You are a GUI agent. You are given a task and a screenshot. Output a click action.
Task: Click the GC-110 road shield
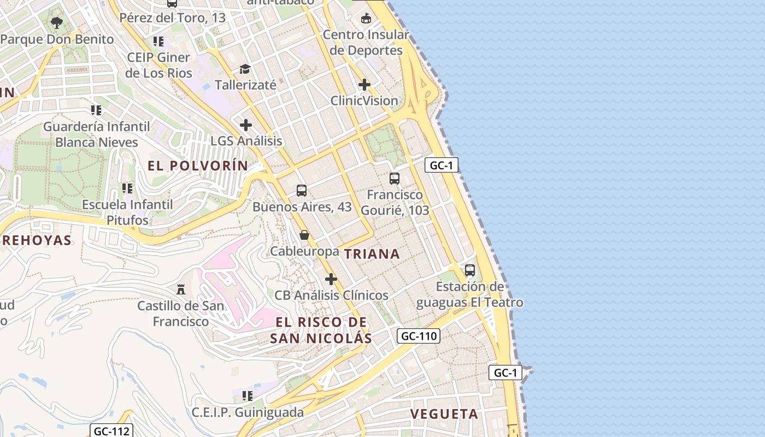coord(419,336)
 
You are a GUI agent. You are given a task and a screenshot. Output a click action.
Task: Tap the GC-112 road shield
coord(111,431)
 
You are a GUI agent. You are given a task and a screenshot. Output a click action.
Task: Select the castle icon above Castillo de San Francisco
coord(181,288)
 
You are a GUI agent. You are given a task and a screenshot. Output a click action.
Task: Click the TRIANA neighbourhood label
coord(372,253)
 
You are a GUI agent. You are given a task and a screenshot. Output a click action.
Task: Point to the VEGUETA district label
coord(444,414)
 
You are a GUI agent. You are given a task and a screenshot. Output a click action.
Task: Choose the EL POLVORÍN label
coord(198,166)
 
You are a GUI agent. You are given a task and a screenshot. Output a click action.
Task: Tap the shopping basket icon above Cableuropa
coord(304,235)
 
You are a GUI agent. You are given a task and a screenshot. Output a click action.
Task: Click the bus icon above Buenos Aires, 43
coord(302,191)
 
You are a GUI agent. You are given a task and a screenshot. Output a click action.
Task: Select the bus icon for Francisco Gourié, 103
coord(395,178)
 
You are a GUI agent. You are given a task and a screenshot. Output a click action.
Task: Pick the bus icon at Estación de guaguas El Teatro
coord(470,270)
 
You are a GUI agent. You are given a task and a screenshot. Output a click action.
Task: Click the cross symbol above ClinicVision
coord(364,85)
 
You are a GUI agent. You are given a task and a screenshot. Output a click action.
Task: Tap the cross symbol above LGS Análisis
coord(246,125)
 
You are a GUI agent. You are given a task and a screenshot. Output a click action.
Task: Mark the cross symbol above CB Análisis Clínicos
coord(331,279)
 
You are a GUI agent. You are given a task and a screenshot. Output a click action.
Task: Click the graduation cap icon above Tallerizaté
coord(245,69)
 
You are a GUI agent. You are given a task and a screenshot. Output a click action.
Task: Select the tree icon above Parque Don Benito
coord(56,23)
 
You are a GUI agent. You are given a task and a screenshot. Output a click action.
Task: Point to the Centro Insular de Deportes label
coord(366,43)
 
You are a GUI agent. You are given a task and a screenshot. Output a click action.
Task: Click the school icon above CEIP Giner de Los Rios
coord(158,42)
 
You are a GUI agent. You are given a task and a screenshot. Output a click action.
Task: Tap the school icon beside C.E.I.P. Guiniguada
coord(247,395)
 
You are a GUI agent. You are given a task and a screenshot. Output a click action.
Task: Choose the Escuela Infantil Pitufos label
coord(127,212)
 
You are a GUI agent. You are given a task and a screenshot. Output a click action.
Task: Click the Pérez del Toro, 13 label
coord(172,17)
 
